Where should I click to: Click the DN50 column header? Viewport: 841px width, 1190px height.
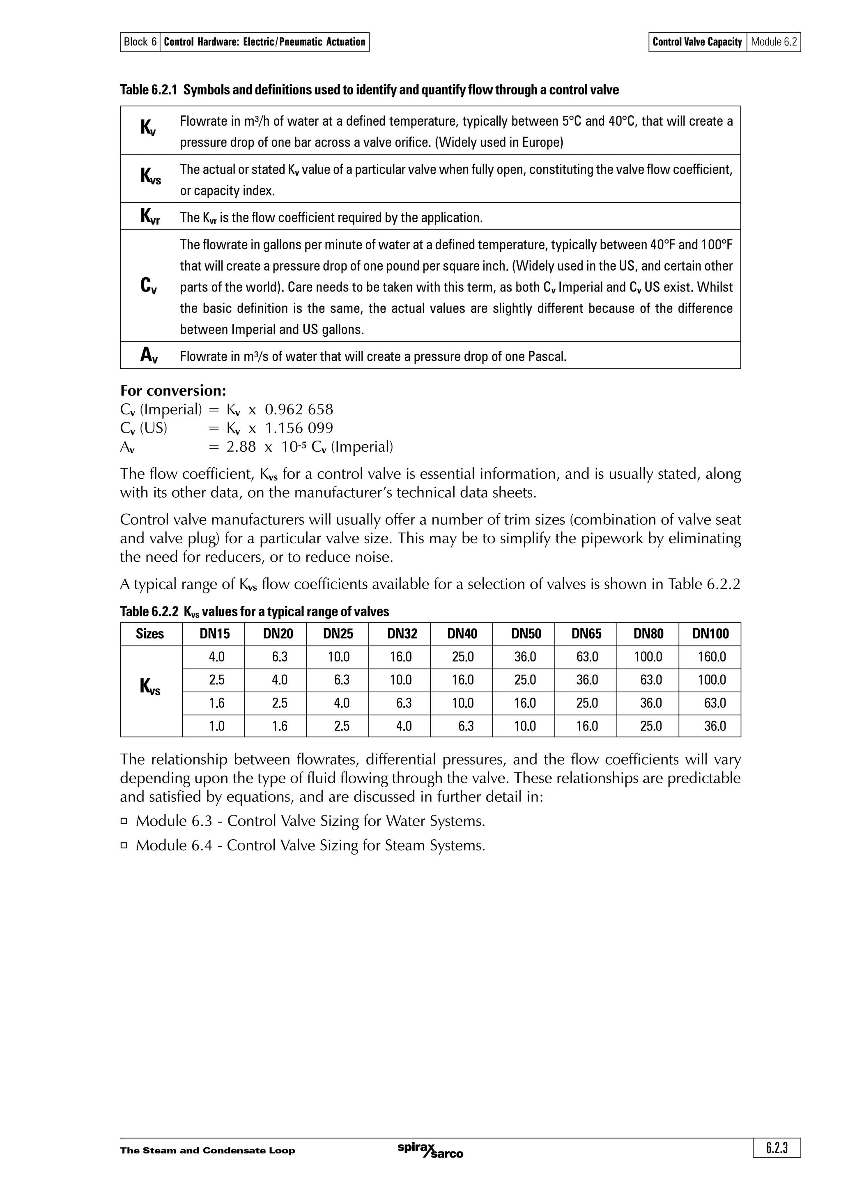pyautogui.click(x=526, y=634)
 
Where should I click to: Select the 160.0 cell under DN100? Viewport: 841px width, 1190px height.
pyautogui.click(x=712, y=657)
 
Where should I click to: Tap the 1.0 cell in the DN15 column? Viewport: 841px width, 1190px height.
pyautogui.click(x=216, y=726)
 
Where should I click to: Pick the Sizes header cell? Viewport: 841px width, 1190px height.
pyautogui.click(x=150, y=634)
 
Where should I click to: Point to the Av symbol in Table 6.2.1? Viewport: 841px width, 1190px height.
pyautogui.click(x=149, y=356)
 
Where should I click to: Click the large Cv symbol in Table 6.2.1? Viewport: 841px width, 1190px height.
pyautogui.click(x=149, y=285)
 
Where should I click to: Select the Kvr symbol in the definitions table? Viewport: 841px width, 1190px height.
pyautogui.click(x=150, y=217)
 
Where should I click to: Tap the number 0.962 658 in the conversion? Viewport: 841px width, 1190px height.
pyautogui.click(x=299, y=409)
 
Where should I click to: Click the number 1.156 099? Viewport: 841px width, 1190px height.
pyautogui.click(x=299, y=428)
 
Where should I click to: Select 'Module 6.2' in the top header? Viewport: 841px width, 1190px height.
pyautogui.click(x=774, y=42)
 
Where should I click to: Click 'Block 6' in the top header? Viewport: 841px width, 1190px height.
pyautogui.click(x=140, y=42)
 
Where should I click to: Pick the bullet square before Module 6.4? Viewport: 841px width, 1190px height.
pyautogui.click(x=124, y=845)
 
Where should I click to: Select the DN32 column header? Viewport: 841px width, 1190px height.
pyautogui.click(x=402, y=634)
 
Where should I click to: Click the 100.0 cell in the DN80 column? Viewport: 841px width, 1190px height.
pyautogui.click(x=648, y=657)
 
